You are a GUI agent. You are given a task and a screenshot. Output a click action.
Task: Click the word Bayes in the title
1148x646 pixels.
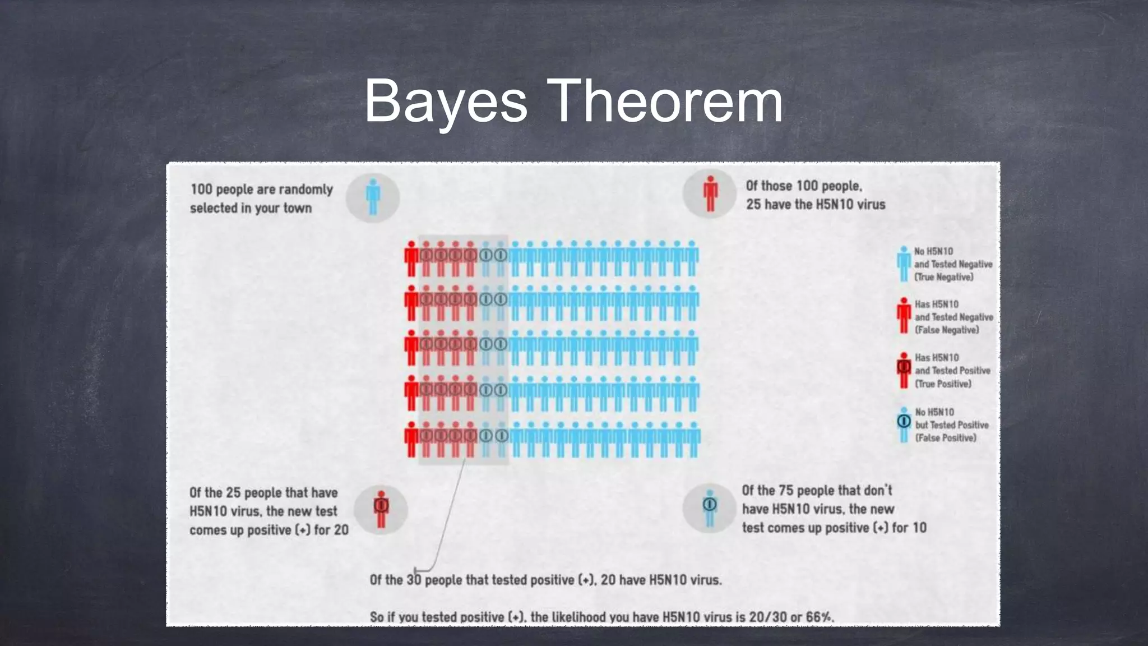point(446,102)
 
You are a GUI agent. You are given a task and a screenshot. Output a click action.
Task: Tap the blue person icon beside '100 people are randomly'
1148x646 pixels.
point(373,197)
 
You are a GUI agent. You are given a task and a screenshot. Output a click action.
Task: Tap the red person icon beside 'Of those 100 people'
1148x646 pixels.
point(710,194)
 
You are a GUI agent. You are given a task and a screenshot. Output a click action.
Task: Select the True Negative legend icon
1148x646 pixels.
point(903,264)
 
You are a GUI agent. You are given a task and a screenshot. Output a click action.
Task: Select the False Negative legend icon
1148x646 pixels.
point(904,316)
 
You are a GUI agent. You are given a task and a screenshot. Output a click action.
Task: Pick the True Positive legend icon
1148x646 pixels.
point(904,370)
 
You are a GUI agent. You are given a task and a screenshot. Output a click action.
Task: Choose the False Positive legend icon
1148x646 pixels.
point(904,424)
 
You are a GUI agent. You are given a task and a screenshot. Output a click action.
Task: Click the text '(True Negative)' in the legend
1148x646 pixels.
point(944,277)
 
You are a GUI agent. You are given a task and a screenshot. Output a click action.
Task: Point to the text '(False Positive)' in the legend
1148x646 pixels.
point(946,438)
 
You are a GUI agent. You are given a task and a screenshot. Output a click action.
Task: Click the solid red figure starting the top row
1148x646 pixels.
point(411,259)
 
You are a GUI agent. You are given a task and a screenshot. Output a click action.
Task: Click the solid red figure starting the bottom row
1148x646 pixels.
point(411,439)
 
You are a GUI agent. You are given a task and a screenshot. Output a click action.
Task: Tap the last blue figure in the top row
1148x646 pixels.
point(692,259)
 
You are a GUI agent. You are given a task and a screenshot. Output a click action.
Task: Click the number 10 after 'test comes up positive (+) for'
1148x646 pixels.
point(919,528)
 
